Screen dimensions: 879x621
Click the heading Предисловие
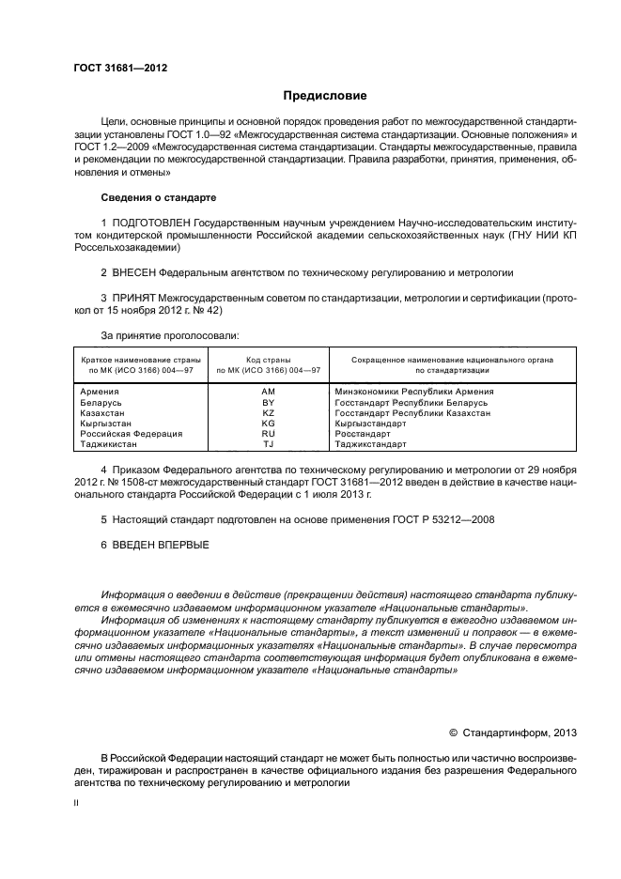click(x=325, y=96)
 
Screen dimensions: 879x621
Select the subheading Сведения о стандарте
click(x=158, y=198)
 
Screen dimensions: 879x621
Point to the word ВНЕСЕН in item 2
click(x=133, y=272)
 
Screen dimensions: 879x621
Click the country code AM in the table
click(x=268, y=391)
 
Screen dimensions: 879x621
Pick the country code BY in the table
click(x=268, y=402)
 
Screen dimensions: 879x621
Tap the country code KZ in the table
click(x=268, y=412)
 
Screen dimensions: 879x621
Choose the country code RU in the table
click(x=268, y=434)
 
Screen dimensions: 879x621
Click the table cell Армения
click(x=100, y=391)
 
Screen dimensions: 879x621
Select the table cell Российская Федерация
click(x=131, y=434)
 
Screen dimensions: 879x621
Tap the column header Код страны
click(x=268, y=360)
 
